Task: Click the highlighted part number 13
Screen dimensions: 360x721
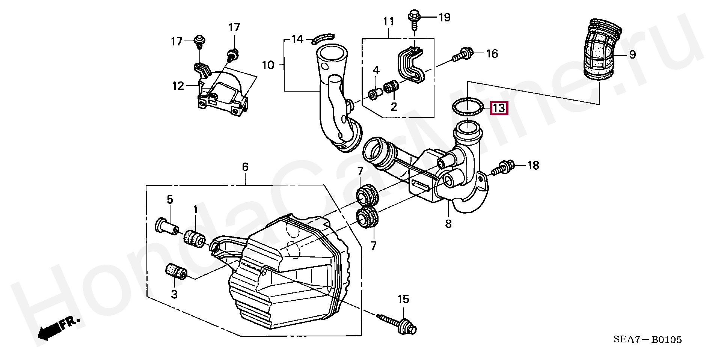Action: click(499, 108)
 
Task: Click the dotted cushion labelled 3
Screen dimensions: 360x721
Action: click(176, 272)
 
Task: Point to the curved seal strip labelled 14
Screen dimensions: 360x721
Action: click(323, 37)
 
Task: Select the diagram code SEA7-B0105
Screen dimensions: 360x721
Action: click(647, 340)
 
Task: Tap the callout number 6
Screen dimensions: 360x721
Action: click(245, 167)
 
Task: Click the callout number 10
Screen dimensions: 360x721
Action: click(268, 65)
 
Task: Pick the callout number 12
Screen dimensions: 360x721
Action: click(178, 86)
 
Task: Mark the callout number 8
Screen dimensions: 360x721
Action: click(448, 224)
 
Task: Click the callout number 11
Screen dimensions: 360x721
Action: click(388, 22)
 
